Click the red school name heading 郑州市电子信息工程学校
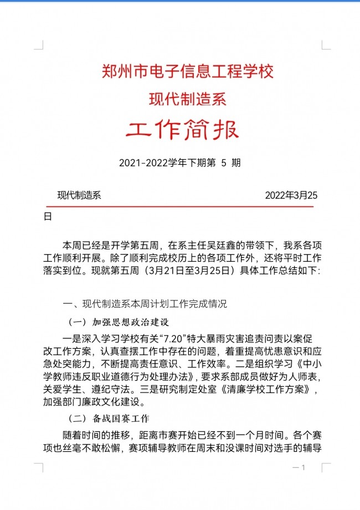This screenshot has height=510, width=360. pyautogui.click(x=188, y=71)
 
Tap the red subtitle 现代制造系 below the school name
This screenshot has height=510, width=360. pyautogui.click(x=188, y=99)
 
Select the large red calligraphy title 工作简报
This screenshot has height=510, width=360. pyautogui.click(x=182, y=131)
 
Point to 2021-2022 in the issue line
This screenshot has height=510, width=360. pyautogui.click(x=140, y=163)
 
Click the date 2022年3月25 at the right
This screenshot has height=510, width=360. pyautogui.click(x=291, y=195)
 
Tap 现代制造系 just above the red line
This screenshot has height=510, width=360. pyautogui.click(x=79, y=195)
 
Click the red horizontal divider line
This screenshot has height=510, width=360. pyautogui.click(x=179, y=207)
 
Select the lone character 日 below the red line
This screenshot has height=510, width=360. pyautogui.click(x=48, y=217)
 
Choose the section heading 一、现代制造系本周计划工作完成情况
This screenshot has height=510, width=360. pyautogui.click(x=145, y=304)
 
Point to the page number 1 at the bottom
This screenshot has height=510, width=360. pyautogui.click(x=304, y=468)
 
